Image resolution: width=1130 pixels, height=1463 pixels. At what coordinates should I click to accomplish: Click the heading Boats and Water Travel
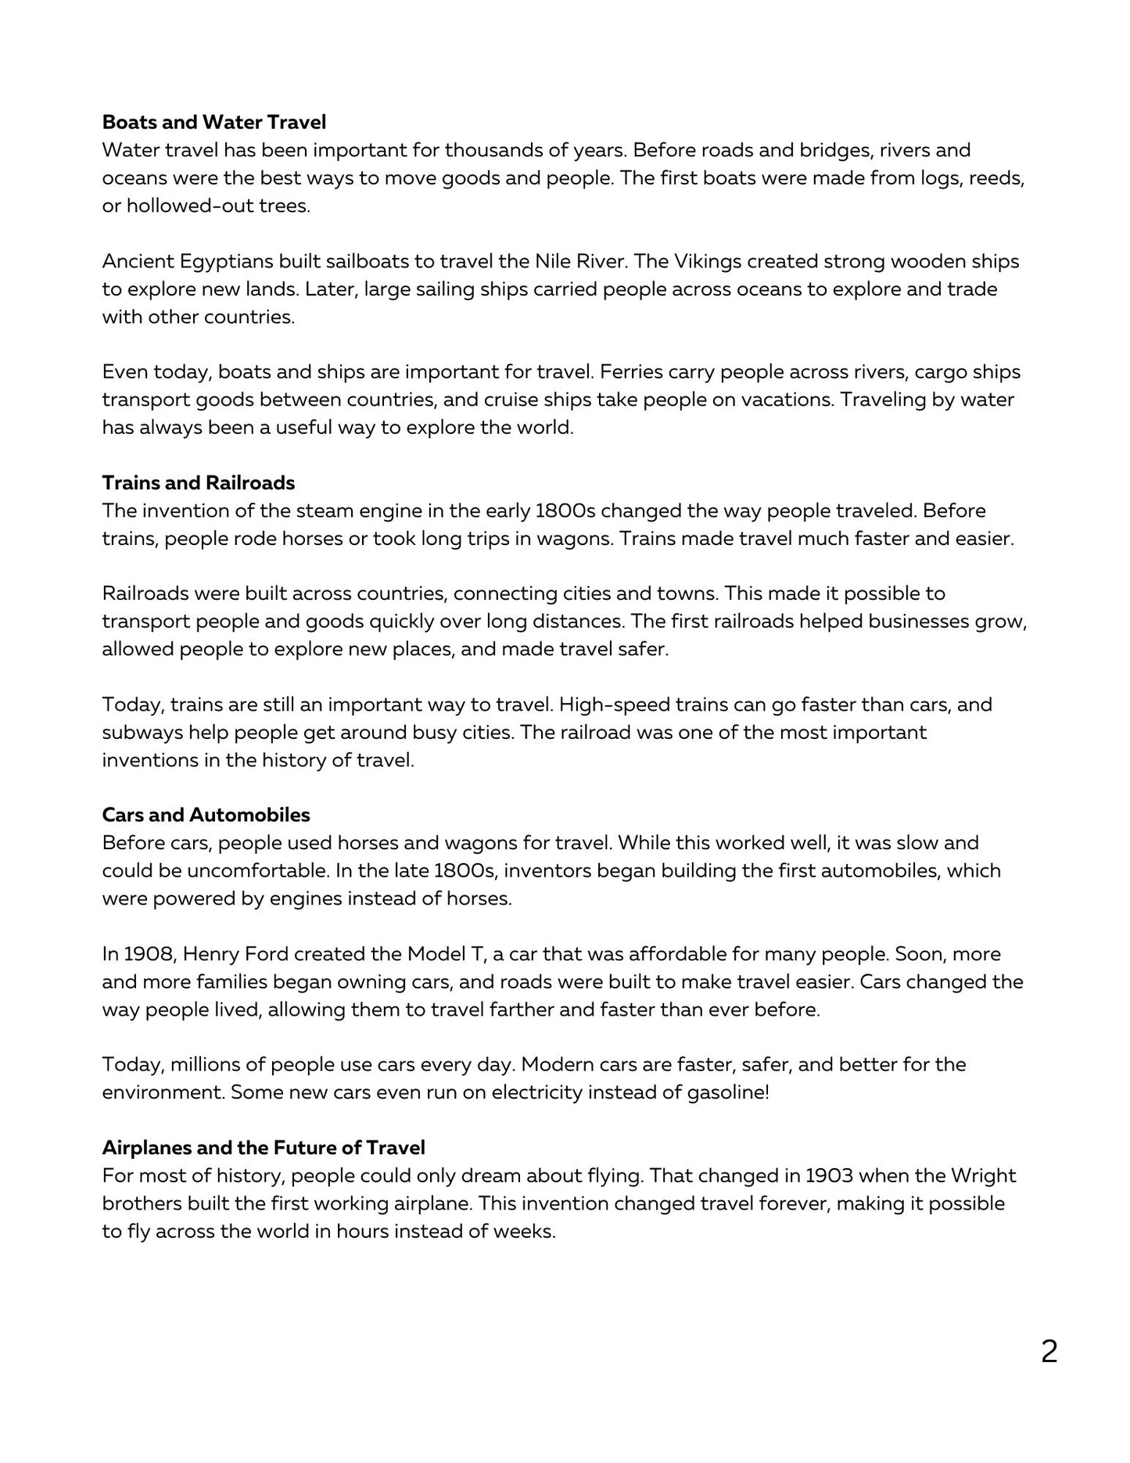213,122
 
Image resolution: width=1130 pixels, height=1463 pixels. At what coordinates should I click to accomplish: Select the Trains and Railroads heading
198,482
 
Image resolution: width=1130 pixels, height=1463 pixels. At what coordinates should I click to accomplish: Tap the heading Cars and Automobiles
206,815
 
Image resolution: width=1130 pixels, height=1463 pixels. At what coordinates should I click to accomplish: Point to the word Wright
983,1175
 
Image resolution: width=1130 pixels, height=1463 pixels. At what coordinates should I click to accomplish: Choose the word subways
139,733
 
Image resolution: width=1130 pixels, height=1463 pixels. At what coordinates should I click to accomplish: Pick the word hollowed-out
168,206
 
